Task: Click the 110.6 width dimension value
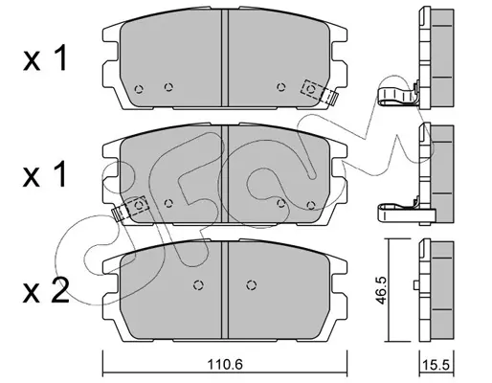tap(225, 364)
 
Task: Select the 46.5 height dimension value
tap(381, 290)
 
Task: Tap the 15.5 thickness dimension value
tap(436, 365)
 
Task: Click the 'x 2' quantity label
tap(46, 290)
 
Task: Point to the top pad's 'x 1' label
tap(45, 58)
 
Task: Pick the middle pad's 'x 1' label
tap(45, 174)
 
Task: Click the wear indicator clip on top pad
tap(319, 92)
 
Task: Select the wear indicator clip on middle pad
tap(131, 209)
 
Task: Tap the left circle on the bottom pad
tap(198, 285)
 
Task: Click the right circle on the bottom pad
tap(252, 285)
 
